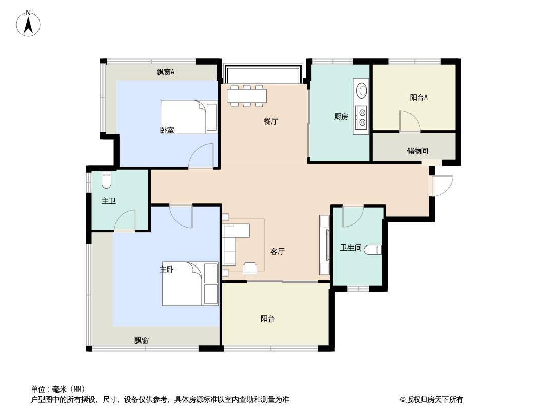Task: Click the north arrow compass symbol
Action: pos(28,24)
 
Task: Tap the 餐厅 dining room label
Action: pos(271,121)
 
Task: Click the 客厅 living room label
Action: pos(278,251)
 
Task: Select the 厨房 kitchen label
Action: pos(341,117)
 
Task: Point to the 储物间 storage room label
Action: pos(418,151)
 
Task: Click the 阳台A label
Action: pos(419,97)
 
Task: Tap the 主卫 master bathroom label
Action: pos(108,201)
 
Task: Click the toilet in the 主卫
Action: pos(106,180)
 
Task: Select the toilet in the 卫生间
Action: pos(373,250)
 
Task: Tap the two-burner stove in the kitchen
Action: pos(361,117)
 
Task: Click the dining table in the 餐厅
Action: pos(247,95)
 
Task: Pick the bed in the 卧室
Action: pos(189,117)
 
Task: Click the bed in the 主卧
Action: pos(190,284)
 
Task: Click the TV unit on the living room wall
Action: pos(325,244)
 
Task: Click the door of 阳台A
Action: pos(411,121)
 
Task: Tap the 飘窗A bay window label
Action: pos(165,72)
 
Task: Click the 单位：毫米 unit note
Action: pos(58,389)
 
